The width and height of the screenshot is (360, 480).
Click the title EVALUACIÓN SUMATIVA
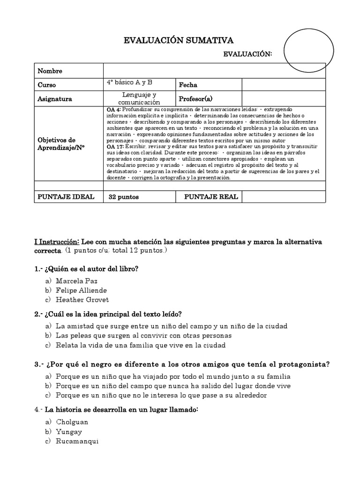point(178,41)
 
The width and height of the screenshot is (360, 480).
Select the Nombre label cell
point(50,71)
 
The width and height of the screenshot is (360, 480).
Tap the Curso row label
point(47,85)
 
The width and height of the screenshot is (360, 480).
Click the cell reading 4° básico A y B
point(130,82)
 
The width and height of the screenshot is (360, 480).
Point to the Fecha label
point(188,85)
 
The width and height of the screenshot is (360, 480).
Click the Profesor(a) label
point(195,99)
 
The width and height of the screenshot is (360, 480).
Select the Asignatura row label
point(55,99)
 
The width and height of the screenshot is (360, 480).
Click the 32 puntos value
point(124,197)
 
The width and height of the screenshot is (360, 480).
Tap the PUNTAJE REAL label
point(211,197)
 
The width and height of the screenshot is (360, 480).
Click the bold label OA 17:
point(115,146)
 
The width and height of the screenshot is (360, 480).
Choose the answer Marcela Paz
point(76,281)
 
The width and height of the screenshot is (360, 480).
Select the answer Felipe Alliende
point(81,291)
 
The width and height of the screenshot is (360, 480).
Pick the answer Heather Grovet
point(82,300)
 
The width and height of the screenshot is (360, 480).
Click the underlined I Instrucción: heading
point(57,242)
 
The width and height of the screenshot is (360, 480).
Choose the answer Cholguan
point(72,422)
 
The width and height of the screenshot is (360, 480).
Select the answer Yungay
point(69,432)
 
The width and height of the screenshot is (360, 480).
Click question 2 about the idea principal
point(108,314)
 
